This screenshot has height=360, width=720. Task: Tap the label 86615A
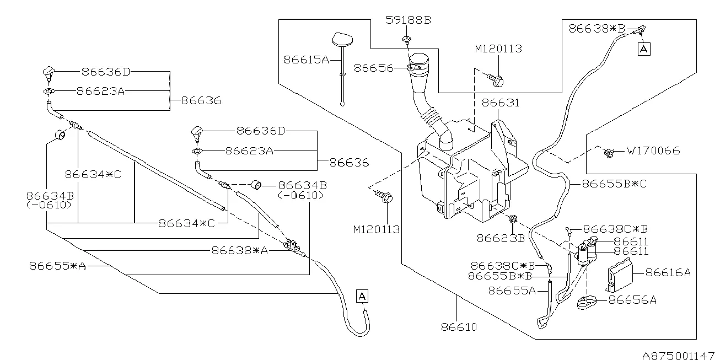point(305,59)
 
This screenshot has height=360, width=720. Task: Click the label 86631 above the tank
point(501,103)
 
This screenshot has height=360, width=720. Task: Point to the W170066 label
point(653,151)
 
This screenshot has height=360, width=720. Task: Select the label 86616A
point(668,272)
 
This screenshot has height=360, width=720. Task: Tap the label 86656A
point(632,300)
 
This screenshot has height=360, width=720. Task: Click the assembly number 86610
point(459,327)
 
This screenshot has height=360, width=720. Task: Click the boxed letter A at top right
point(643,49)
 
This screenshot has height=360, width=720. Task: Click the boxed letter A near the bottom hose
point(362,296)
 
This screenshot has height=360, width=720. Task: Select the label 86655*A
point(58,266)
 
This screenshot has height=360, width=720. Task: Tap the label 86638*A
point(239,250)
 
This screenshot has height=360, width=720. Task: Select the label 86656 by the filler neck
point(373,68)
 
